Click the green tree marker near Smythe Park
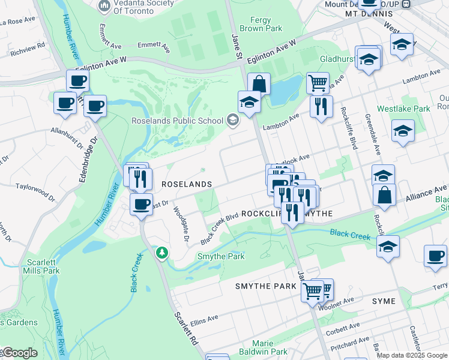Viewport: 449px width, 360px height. coord(161,254)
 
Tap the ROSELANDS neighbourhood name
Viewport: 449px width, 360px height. coord(185,184)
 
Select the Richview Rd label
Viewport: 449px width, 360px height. coord(24,44)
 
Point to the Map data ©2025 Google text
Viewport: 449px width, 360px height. coord(412,355)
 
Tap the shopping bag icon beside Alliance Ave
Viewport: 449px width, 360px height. coord(384,195)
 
